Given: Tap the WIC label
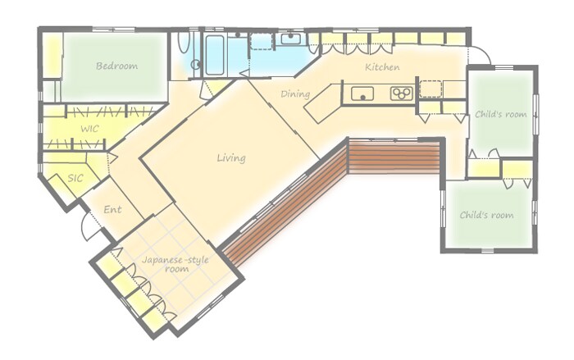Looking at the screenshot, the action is (89, 129).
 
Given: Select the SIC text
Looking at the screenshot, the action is (75, 178).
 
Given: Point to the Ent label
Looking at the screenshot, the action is (112, 210).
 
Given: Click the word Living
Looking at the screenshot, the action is (231, 158).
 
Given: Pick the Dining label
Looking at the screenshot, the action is (295, 94).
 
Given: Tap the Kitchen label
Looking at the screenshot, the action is (382, 67).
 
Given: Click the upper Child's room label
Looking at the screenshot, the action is (500, 114).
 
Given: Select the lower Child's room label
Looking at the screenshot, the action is (486, 215).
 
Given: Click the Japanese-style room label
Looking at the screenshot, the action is (175, 264).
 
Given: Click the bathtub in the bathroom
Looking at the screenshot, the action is (214, 55).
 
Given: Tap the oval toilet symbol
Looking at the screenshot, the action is (184, 43).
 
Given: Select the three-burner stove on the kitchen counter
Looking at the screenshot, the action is (401, 93).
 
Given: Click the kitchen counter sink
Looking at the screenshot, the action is (362, 93).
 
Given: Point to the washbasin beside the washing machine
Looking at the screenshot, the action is (290, 39).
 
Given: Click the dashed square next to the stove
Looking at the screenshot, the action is (430, 89).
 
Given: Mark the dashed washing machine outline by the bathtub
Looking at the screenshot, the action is (262, 41).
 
